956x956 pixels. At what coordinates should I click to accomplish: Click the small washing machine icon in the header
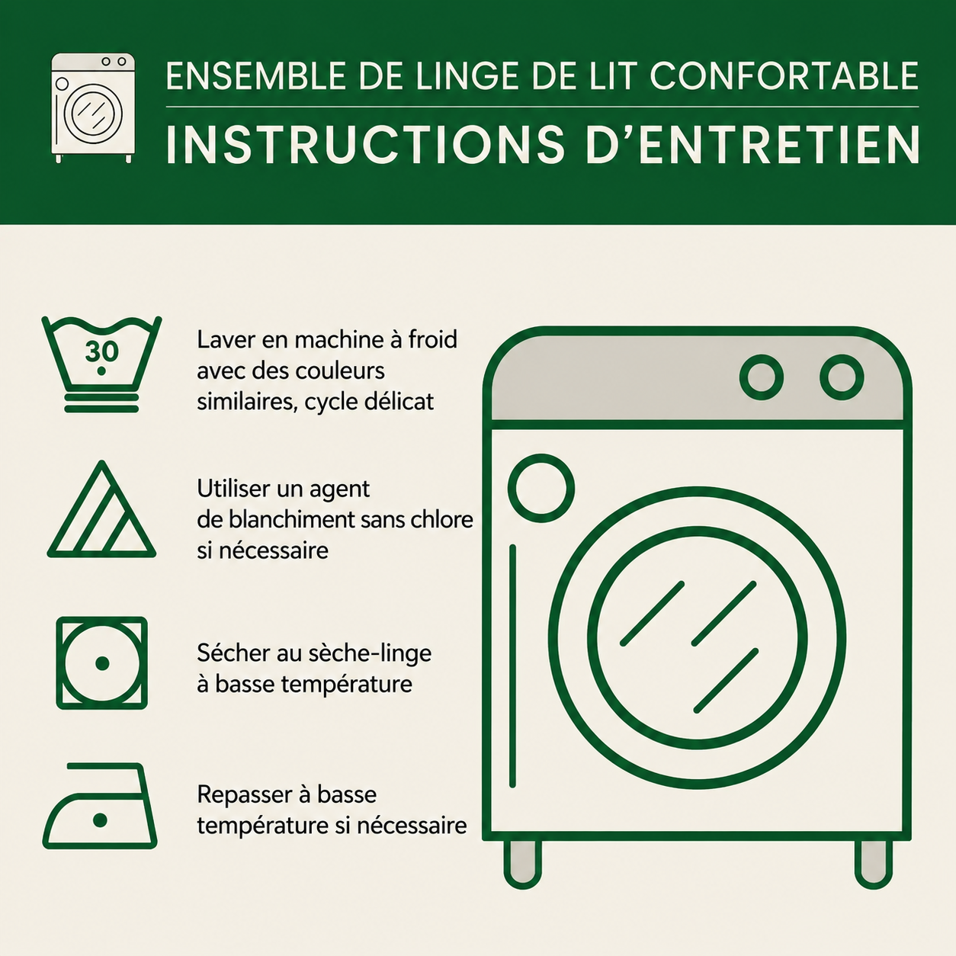click(93, 107)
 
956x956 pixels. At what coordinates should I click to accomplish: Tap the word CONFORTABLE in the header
click(784, 76)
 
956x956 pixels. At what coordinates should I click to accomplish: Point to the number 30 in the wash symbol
click(101, 351)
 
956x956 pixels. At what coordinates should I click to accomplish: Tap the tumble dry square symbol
click(101, 662)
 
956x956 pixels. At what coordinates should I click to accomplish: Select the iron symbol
click(100, 806)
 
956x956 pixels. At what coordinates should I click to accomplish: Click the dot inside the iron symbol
click(100, 820)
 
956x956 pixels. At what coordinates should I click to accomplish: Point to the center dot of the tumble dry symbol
click(102, 663)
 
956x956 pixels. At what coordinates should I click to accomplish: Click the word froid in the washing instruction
click(432, 340)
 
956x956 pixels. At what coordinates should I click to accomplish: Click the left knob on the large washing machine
click(761, 377)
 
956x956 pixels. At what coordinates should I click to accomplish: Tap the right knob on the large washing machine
click(842, 377)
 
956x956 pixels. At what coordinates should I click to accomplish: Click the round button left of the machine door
click(541, 488)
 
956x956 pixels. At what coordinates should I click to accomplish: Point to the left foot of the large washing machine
click(522, 864)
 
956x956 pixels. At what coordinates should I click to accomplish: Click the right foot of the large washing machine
click(873, 864)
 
